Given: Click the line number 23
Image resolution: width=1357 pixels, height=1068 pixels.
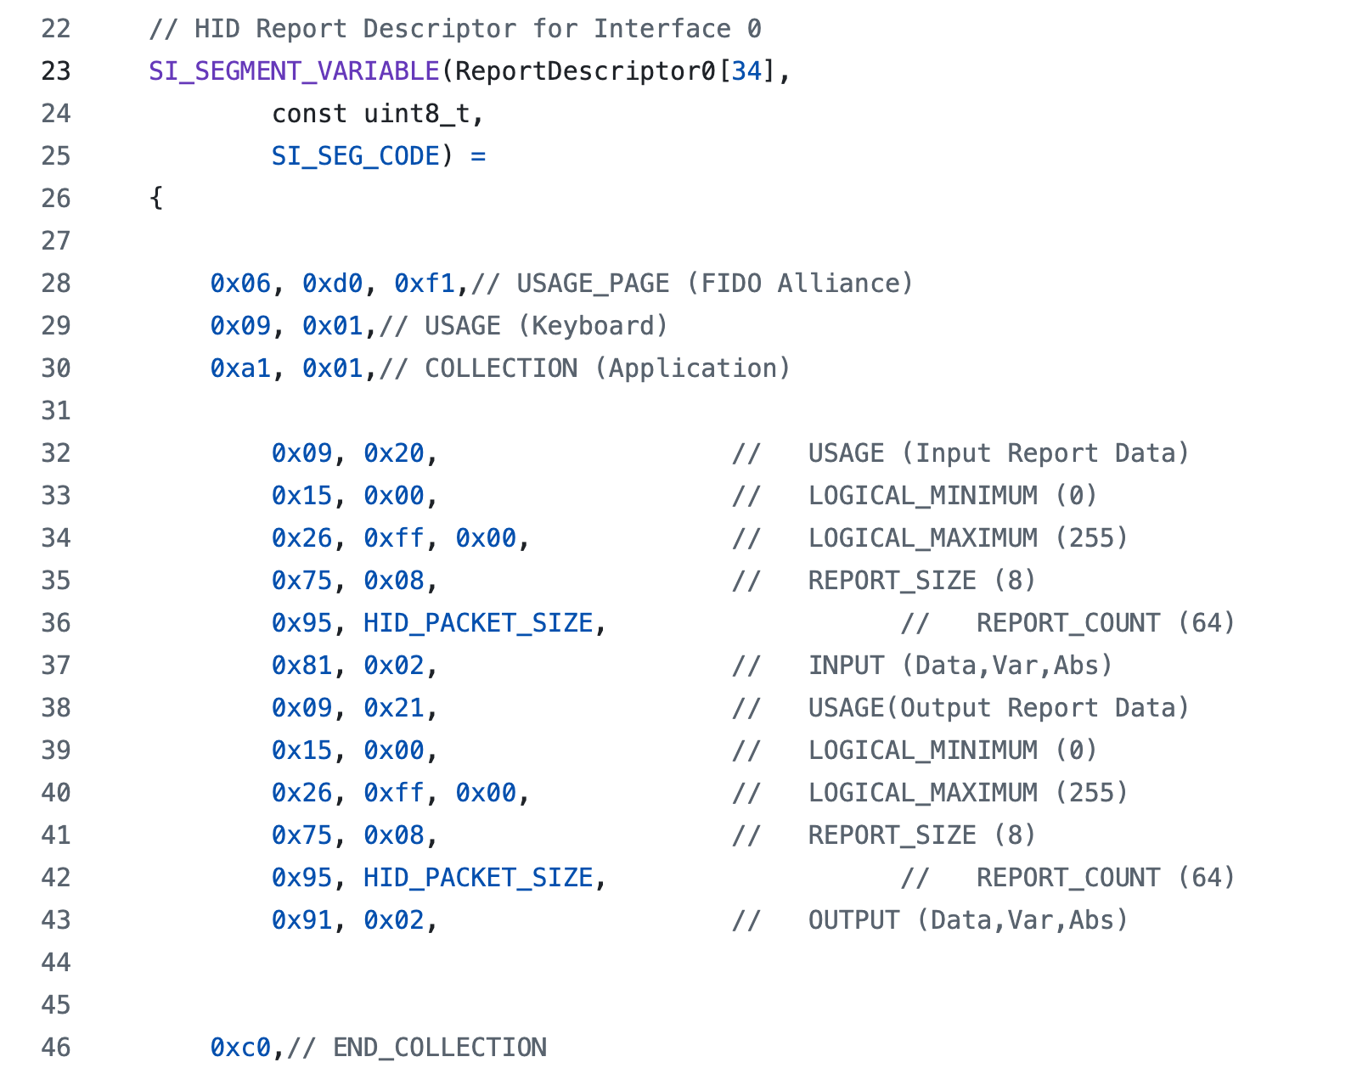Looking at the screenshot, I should click(56, 71).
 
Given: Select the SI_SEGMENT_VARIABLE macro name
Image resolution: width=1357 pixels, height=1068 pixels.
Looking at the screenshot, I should click(294, 71).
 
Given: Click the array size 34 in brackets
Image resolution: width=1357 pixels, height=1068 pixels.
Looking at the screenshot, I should click(746, 71).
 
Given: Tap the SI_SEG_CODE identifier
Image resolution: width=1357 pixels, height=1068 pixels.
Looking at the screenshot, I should click(356, 156).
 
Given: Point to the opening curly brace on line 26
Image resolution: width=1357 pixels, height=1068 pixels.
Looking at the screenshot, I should click(155, 199).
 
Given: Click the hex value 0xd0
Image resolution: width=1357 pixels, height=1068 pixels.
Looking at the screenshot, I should click(332, 284).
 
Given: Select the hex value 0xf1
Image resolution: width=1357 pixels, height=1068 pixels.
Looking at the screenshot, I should click(425, 284).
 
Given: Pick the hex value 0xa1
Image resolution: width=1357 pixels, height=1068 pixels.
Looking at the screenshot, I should click(240, 368).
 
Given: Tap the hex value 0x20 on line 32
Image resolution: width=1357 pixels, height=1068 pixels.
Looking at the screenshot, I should click(393, 453).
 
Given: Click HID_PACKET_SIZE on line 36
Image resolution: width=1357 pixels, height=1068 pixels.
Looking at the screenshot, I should click(478, 623).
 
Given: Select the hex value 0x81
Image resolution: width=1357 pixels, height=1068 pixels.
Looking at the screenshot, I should click(301, 666).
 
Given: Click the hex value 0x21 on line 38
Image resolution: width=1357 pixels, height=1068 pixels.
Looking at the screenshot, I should click(393, 708).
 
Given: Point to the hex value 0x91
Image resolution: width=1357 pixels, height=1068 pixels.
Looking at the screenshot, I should click(301, 920).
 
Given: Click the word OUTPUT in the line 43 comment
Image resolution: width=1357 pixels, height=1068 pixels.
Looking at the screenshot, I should click(853, 920).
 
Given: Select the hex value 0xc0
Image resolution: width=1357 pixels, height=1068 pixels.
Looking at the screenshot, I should click(240, 1048).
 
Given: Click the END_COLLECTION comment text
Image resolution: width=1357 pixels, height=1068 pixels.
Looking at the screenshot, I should click(440, 1048).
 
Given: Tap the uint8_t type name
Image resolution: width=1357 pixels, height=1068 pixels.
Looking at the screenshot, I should click(416, 114).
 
